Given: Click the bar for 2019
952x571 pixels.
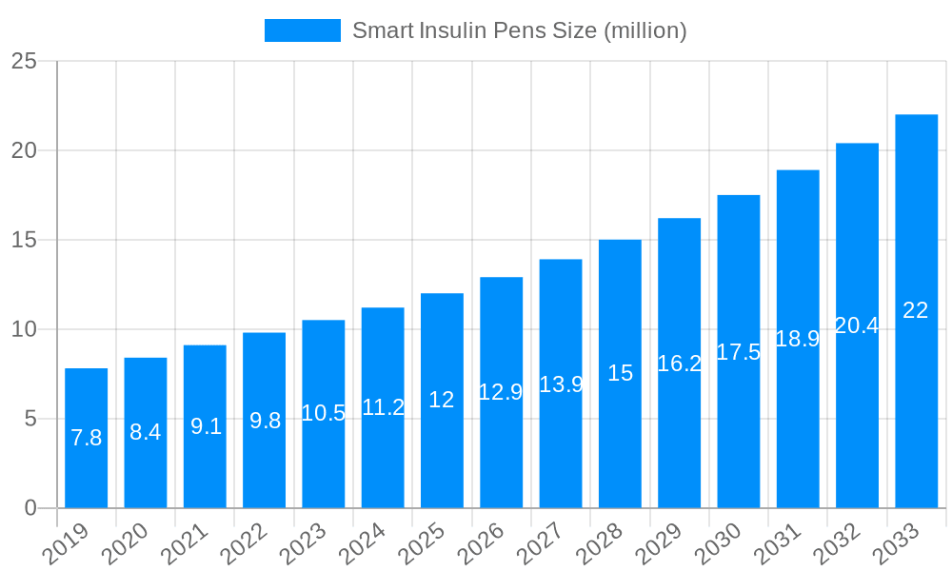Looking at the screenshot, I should point(86,438).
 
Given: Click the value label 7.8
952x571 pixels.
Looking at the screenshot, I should point(86,438).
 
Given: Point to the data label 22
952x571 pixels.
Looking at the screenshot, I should point(916,310).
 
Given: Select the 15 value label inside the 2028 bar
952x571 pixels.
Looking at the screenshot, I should point(620,373).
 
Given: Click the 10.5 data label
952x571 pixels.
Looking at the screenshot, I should point(323,413).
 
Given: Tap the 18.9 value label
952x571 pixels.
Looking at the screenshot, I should point(798,339).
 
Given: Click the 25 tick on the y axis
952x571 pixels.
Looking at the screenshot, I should point(24,61).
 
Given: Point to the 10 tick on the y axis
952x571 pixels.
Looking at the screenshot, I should point(24,329).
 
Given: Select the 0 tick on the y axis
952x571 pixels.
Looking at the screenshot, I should point(30,508).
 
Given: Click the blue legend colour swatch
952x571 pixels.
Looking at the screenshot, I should point(302,30).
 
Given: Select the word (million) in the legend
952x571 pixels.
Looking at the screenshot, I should point(645,30).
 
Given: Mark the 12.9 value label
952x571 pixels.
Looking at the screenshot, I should point(501,392).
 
